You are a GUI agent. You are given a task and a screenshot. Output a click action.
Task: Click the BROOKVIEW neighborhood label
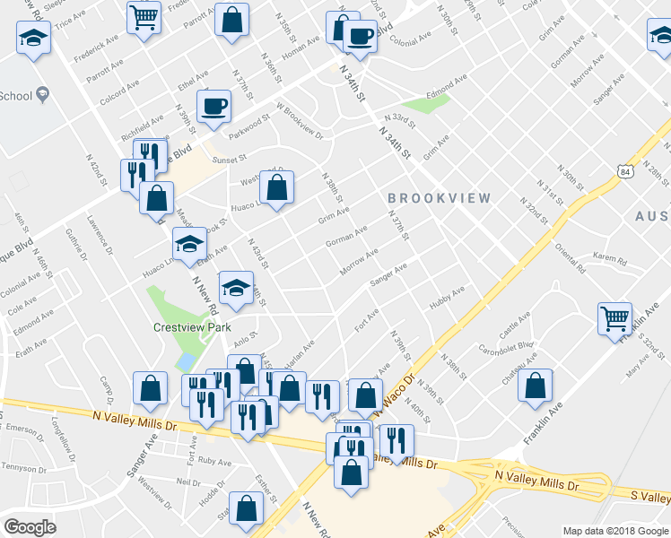coord(440,197)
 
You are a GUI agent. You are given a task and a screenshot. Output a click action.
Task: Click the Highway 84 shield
coord(624,170)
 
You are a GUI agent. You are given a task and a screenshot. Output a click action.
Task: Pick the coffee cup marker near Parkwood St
coord(213,105)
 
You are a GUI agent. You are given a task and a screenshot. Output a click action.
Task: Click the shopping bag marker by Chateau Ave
coord(535,385)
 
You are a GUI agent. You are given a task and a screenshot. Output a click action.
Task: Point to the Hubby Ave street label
coord(447,297)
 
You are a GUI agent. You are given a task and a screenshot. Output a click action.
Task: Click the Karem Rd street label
coord(608,257)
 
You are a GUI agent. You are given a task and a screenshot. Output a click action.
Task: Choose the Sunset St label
coord(229,159)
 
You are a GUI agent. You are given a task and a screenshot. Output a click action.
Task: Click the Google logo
coord(30,526)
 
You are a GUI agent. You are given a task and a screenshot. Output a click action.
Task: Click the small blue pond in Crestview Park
coord(186,361)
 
